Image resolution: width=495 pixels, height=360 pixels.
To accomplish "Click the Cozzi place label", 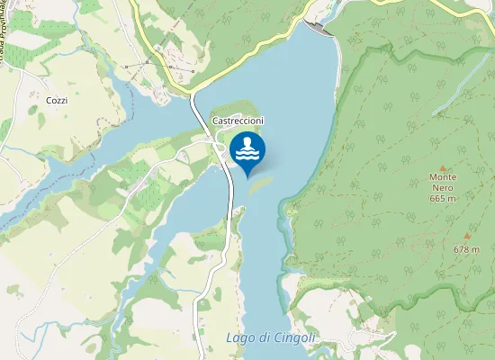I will click(x=57, y=101).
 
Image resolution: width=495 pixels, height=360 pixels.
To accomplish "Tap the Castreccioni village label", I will click(x=238, y=121).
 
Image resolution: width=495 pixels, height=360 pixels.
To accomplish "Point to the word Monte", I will click(x=444, y=177).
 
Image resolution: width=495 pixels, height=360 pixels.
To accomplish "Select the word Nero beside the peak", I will click(x=444, y=187).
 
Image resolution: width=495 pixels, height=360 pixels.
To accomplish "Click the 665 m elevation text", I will click(x=444, y=198).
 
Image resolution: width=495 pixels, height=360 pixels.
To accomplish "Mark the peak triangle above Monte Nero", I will click(x=444, y=166).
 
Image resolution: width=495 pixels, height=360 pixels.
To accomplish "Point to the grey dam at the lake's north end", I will click(x=320, y=28).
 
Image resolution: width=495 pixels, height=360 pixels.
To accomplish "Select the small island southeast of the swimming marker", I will click(x=262, y=182).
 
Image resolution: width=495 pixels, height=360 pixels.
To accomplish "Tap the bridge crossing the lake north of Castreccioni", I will click(x=197, y=103).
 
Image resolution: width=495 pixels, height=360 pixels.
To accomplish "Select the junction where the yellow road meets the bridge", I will click(x=193, y=90).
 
